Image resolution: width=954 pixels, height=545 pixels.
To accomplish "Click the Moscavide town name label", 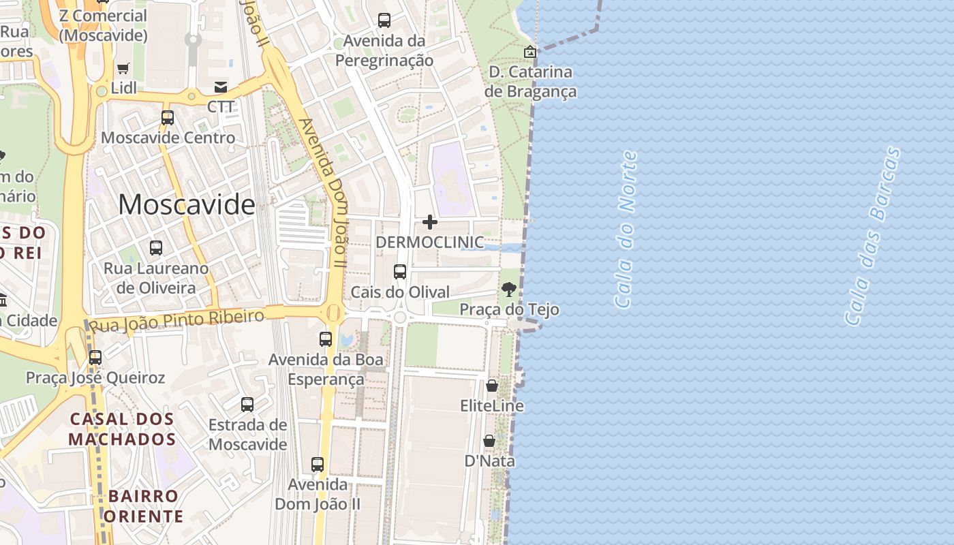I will (x=187, y=204).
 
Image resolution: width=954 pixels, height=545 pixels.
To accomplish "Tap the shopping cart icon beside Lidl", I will (x=123, y=68).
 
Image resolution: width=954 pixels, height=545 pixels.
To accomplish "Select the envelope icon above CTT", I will (x=221, y=87).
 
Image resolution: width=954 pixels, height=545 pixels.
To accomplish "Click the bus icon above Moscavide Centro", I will (x=168, y=118).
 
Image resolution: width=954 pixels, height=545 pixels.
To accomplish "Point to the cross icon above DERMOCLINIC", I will (x=430, y=222).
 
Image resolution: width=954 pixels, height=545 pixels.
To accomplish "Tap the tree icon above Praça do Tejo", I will (x=508, y=290).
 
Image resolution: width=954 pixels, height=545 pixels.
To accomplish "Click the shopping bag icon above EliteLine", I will (x=492, y=386).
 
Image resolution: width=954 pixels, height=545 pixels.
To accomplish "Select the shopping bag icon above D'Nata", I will (x=489, y=441).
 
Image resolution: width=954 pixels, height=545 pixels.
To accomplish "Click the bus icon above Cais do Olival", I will (x=400, y=272).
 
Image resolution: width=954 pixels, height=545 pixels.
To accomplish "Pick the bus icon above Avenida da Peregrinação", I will (x=384, y=20).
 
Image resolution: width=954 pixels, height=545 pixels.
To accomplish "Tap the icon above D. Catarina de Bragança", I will (x=529, y=51).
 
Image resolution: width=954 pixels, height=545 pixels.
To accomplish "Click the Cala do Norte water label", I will (x=626, y=230).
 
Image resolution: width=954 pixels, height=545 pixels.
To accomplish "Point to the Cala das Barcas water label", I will (x=872, y=236).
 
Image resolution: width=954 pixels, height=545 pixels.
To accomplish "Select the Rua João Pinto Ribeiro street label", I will (x=177, y=320).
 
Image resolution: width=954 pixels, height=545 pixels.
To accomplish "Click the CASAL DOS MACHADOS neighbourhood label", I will (x=122, y=429).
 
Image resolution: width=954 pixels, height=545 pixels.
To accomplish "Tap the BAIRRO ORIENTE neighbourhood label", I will (x=143, y=506).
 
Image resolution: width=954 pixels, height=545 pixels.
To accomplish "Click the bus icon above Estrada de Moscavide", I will (x=247, y=405).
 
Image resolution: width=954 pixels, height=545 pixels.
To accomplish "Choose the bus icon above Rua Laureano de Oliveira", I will (x=156, y=248).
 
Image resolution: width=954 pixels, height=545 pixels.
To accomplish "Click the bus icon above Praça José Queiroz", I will (x=95, y=357).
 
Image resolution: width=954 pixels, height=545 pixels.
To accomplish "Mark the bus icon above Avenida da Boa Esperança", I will (x=326, y=339).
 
